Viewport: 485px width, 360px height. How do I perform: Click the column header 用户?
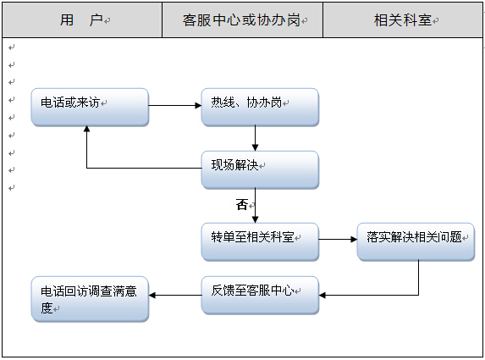[x=81, y=20]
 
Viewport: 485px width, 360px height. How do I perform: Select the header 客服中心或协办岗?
[x=241, y=20]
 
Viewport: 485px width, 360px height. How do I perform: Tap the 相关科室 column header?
[x=402, y=20]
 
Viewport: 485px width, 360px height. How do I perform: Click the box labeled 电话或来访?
[x=90, y=107]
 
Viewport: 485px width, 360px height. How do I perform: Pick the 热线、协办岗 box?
[x=260, y=107]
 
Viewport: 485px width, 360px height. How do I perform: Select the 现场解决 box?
[x=260, y=170]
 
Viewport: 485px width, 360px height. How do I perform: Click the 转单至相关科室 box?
[x=260, y=241]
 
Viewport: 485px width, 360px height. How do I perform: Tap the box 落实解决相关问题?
[x=416, y=241]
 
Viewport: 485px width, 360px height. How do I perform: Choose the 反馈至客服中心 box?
[x=260, y=296]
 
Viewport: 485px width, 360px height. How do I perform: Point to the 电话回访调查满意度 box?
[x=90, y=299]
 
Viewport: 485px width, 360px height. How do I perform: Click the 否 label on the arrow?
[x=242, y=205]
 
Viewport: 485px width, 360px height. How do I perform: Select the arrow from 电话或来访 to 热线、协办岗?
[x=175, y=106]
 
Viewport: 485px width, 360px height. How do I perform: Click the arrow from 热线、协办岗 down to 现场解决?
[x=255, y=138]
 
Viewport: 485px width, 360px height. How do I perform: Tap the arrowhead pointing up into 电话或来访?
[x=87, y=129]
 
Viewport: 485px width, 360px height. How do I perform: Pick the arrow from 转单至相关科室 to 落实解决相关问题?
[x=338, y=239]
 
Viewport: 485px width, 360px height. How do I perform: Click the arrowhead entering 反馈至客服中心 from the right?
[x=322, y=295]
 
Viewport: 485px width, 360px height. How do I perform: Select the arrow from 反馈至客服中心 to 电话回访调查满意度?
[x=175, y=295]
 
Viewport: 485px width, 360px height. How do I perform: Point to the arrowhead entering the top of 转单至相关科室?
[x=255, y=219]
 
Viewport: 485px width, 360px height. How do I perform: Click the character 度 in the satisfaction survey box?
[x=47, y=307]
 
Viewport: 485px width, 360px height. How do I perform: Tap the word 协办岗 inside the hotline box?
[x=264, y=102]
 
